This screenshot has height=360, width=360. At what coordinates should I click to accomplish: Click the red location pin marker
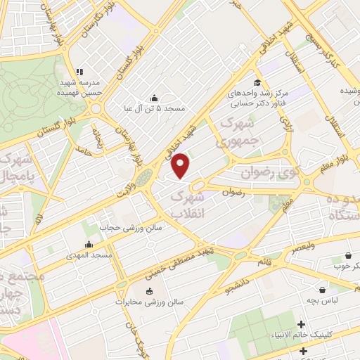[x=181, y=165]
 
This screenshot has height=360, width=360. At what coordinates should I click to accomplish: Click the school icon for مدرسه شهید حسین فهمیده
[x=79, y=72]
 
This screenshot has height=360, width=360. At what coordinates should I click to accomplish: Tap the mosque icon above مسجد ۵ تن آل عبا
[x=155, y=98]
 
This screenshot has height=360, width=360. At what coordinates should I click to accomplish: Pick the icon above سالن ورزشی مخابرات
[x=148, y=291]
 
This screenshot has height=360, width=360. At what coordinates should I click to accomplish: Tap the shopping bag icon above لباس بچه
[x=323, y=289]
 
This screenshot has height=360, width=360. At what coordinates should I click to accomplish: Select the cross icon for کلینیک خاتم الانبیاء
[x=302, y=324]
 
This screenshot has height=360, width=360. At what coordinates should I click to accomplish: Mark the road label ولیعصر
[x=301, y=247]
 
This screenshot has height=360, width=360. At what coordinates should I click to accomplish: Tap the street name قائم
[x=266, y=262]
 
